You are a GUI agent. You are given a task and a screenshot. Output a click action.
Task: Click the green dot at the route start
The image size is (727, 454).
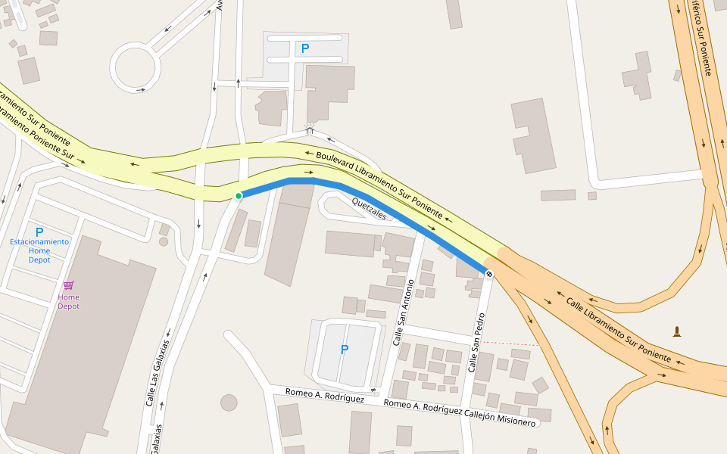coord(239,196)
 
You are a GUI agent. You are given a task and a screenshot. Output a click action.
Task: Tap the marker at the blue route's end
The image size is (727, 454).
coord(489,273)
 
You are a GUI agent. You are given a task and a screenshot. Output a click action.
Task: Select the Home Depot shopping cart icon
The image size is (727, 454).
coord(69,285)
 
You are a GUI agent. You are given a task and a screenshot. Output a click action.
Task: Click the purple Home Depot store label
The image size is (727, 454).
coord(69,302)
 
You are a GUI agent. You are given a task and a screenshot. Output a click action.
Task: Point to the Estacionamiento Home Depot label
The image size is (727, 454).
coord(39,250)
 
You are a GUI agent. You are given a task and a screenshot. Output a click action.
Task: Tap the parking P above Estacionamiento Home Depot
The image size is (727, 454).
coord(39,232)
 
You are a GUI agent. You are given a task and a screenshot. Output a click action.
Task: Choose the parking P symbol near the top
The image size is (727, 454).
coord(305,48)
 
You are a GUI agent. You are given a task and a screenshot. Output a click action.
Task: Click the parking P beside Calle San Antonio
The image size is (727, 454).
coord(345,350)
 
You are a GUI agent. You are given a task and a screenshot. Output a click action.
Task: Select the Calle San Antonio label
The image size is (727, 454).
coord(402,313)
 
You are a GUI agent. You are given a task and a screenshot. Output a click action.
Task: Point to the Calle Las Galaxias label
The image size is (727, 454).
coord(158,372)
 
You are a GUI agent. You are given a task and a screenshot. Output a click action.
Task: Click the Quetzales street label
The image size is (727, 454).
coord(370,208)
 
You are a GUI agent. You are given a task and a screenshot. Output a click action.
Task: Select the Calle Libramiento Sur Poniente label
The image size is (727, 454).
coord(618,328)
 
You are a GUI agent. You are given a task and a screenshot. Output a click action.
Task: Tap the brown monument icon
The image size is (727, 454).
coord(676,331)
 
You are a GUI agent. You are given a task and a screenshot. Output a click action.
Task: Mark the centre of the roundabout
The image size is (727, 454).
coord(136,67)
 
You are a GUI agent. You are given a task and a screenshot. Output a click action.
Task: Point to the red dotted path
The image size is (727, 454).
coord(515,343)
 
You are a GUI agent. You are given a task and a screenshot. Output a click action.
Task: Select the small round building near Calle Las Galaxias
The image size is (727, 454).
coord(229,403)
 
